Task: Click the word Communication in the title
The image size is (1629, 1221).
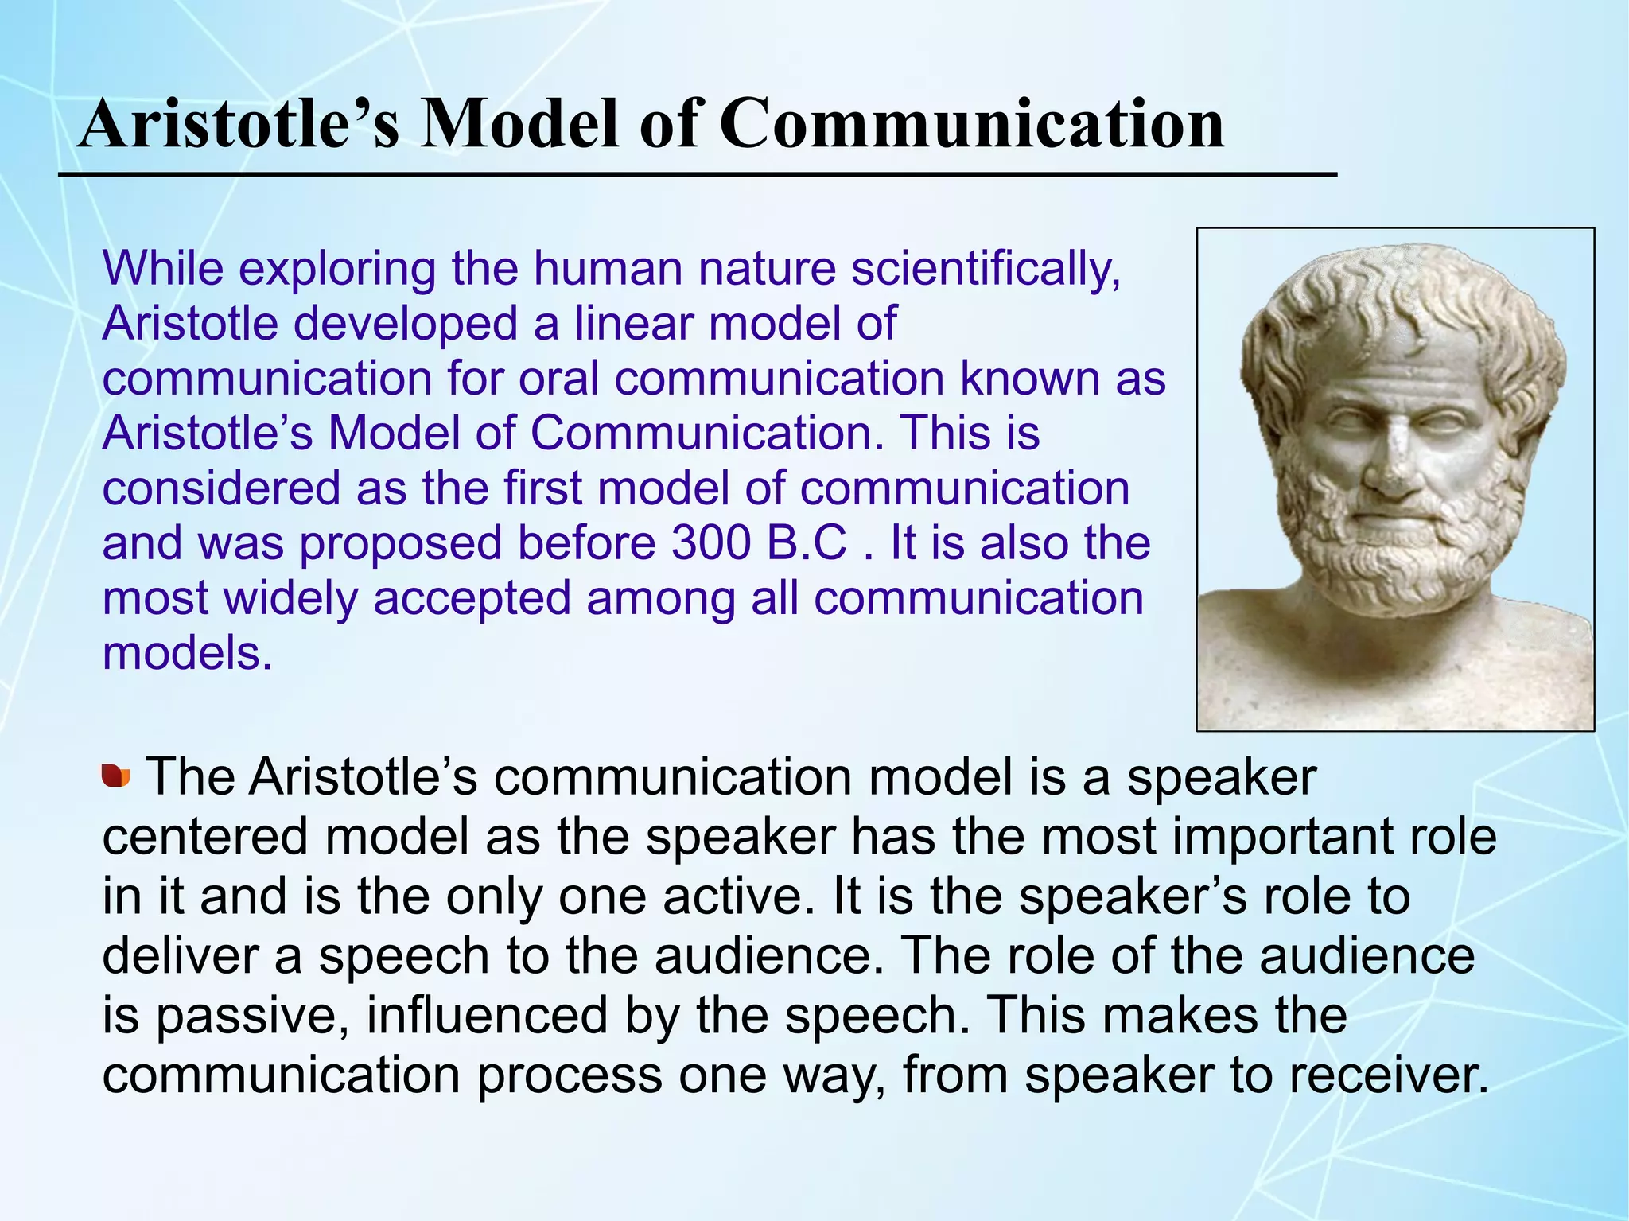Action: tap(971, 125)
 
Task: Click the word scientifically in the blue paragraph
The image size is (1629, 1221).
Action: tap(986, 270)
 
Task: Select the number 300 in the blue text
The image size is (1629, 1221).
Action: tap(710, 543)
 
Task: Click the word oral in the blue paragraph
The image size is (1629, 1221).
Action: tap(558, 379)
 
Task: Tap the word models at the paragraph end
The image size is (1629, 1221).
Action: tap(187, 654)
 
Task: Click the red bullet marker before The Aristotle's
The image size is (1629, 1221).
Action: tap(115, 776)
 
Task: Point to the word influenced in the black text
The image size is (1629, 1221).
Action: tap(487, 1016)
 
